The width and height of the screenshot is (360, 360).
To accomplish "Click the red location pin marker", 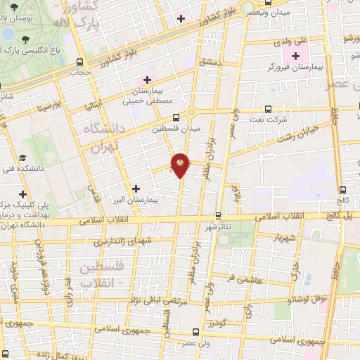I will (181, 165).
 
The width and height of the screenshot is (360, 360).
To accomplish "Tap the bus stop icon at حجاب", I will (79, 62).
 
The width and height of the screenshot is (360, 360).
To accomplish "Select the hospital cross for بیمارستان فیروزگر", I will (295, 56).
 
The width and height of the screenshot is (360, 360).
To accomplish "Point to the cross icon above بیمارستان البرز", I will (136, 188).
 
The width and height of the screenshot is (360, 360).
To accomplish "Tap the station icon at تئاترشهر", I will (219, 216).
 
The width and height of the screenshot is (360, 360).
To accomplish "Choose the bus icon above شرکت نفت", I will (268, 109).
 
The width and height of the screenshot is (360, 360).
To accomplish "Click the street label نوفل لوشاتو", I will (307, 298).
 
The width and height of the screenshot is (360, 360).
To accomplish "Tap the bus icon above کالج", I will (342, 189).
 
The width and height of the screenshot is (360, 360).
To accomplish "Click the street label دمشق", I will (210, 64).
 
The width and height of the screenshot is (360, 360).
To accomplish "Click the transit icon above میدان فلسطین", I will (175, 117).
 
